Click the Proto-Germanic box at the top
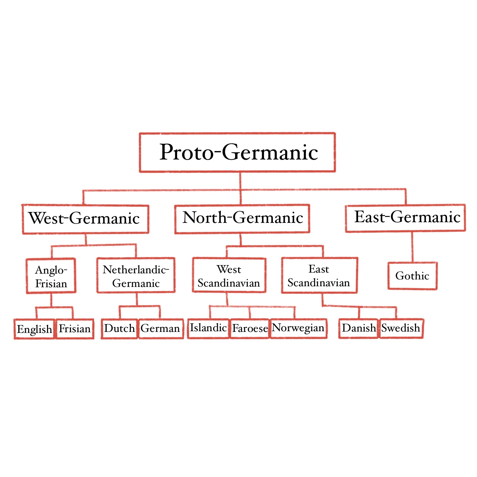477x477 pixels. [x=237, y=152]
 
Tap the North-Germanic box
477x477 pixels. [x=242, y=218]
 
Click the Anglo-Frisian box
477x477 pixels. [x=51, y=276]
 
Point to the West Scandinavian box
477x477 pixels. [x=229, y=275]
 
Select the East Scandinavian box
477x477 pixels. [x=319, y=275]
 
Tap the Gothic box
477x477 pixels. [x=412, y=276]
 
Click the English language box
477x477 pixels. [x=34, y=329]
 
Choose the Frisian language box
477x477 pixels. [x=75, y=329]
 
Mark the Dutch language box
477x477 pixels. [x=120, y=328]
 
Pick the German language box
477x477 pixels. [x=160, y=328]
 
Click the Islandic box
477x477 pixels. [x=208, y=328]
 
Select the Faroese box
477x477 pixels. [x=250, y=328]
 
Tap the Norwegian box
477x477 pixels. [x=298, y=328]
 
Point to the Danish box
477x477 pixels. [x=359, y=328]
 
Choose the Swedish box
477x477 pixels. [x=401, y=328]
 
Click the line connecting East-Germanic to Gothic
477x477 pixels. [x=412, y=247]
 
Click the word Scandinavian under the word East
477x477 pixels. [x=319, y=283]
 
